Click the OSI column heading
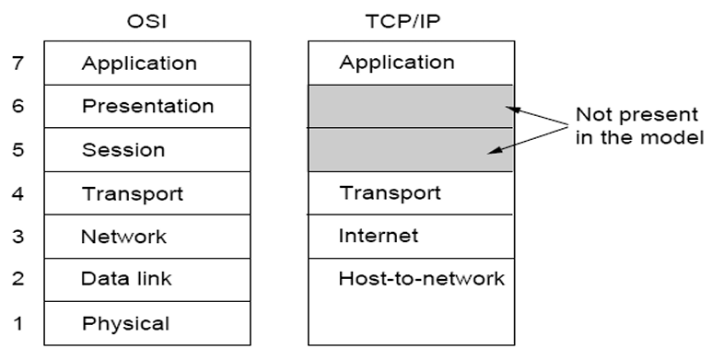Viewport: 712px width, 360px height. [x=146, y=21]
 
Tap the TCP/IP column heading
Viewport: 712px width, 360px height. [x=403, y=21]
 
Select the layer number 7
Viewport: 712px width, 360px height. [x=18, y=63]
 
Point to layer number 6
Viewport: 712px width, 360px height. [x=18, y=106]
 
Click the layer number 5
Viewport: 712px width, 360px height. [x=18, y=149]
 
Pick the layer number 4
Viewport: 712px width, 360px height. [x=18, y=193]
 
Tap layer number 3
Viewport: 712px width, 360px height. [x=18, y=236]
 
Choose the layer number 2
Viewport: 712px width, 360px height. [x=18, y=278]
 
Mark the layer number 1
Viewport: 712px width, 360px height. [x=18, y=323]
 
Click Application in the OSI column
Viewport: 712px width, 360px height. [x=139, y=64]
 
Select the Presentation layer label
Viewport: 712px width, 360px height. [x=148, y=106]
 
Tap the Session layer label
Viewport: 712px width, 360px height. [x=123, y=150]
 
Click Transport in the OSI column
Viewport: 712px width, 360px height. [x=133, y=194]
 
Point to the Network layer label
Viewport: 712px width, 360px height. [x=123, y=237]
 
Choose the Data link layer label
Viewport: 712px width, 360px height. [x=126, y=278]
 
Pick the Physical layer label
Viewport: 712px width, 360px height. [x=126, y=324]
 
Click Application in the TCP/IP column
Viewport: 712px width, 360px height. [x=397, y=63]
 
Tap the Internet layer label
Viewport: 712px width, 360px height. [x=379, y=236]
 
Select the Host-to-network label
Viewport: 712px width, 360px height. [x=422, y=278]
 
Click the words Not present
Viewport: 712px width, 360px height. [x=637, y=115]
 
